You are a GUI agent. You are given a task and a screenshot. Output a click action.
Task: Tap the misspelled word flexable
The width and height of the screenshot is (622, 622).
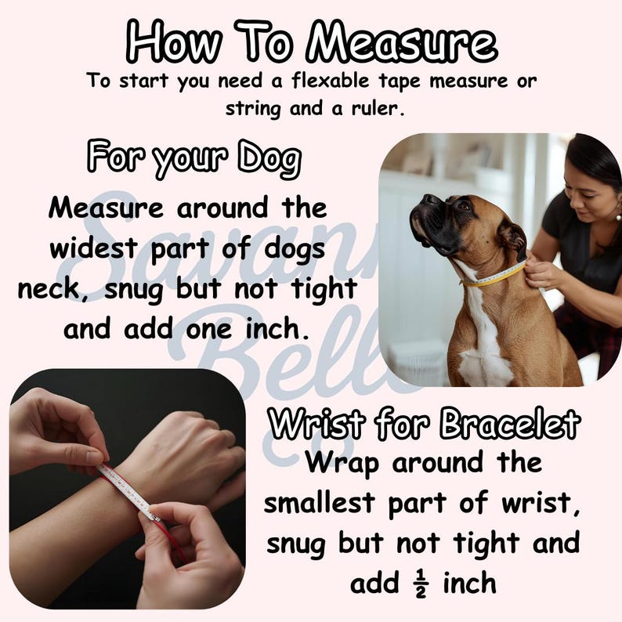[331, 81]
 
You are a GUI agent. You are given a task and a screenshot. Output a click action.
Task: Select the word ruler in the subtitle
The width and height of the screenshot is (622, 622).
[378, 108]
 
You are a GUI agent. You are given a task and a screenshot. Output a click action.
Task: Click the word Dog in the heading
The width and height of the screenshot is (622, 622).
[269, 158]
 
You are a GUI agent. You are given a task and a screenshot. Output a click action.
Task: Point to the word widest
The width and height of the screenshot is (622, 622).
[93, 248]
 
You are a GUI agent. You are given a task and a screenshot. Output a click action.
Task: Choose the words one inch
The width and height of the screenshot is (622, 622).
[248, 329]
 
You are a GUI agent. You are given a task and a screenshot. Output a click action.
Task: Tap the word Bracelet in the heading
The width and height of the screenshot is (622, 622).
[510, 423]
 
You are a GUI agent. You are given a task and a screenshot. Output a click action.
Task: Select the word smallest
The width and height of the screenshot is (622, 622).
[319, 503]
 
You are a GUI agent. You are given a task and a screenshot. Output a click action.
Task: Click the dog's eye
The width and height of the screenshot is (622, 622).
[463, 205]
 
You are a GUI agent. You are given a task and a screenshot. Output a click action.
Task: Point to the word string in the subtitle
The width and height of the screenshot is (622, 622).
[254, 109]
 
